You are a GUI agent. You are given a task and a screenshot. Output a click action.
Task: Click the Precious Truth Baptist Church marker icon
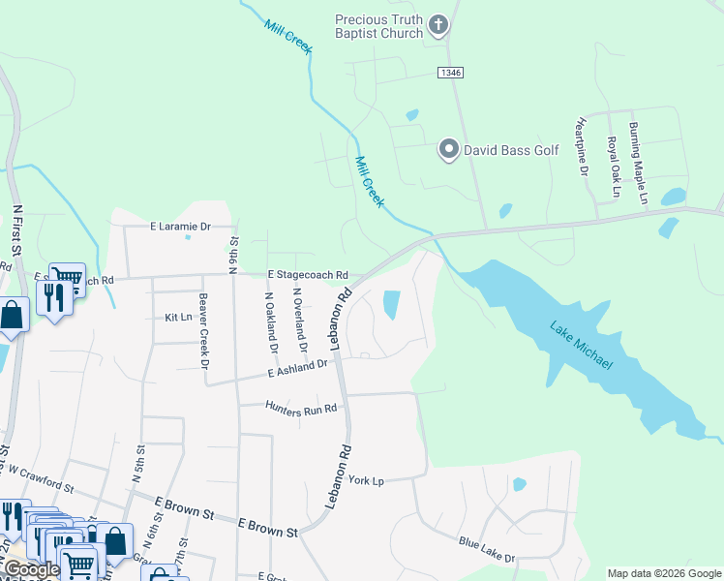[x=438, y=25]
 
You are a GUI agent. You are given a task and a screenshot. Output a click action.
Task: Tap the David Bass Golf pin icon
[x=448, y=149]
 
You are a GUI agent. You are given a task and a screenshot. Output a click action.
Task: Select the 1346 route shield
[x=449, y=73]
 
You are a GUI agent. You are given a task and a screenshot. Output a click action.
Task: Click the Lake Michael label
[x=582, y=344]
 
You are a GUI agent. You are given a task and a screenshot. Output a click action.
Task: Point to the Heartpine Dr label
[x=583, y=147]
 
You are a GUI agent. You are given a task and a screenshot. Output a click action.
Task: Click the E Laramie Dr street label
[x=180, y=227]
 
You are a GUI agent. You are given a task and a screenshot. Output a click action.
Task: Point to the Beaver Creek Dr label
[x=203, y=331]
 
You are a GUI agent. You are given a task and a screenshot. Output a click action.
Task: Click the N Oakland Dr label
[x=272, y=323]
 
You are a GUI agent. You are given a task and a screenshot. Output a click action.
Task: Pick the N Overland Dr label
[x=299, y=320]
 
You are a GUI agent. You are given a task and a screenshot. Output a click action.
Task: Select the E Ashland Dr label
[x=299, y=368]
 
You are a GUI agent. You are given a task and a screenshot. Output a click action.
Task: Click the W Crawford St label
[x=40, y=476]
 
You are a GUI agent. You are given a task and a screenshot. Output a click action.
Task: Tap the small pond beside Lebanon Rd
[x=392, y=305]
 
